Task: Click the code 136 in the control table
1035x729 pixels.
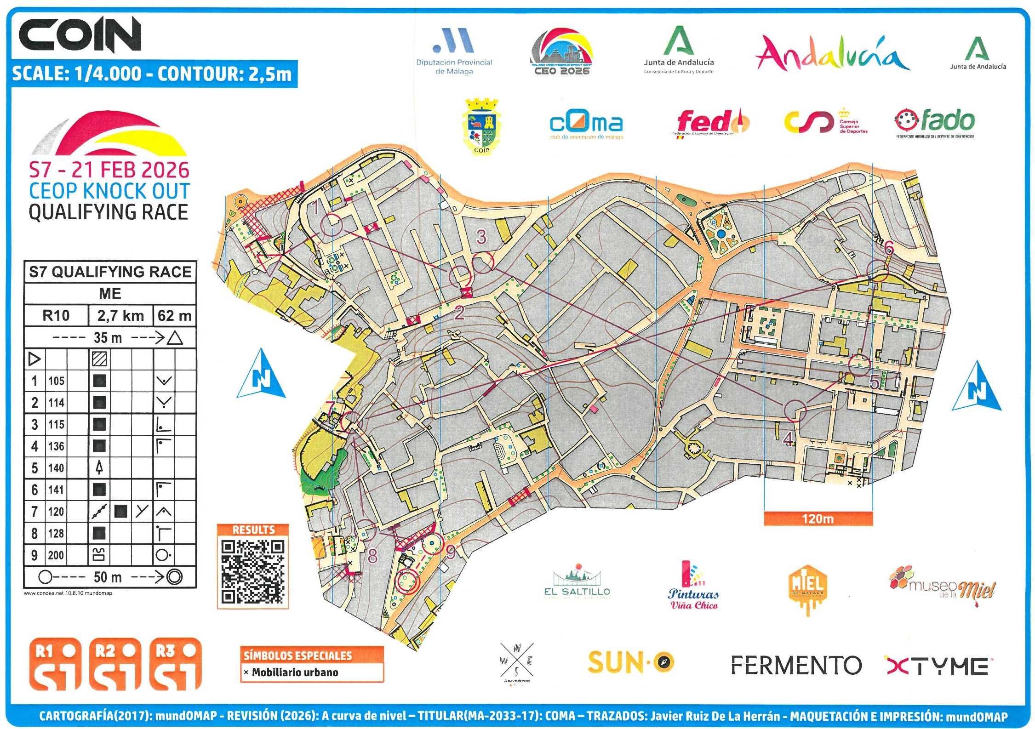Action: (x=56, y=446)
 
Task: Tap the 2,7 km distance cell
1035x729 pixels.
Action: (x=120, y=316)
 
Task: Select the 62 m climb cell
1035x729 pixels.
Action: (x=174, y=316)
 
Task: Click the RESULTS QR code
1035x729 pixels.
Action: (x=252, y=572)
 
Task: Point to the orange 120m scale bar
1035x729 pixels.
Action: (x=818, y=518)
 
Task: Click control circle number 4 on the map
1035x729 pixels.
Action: (x=795, y=410)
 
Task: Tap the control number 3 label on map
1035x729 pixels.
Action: (x=481, y=237)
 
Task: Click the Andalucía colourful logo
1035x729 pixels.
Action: (x=832, y=54)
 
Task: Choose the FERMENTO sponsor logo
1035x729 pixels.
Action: (x=796, y=665)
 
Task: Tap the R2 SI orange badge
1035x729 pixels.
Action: (x=115, y=664)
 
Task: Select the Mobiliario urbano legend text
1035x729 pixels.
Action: (x=295, y=672)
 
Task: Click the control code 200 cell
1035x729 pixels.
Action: (x=56, y=555)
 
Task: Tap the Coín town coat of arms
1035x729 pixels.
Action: (x=481, y=126)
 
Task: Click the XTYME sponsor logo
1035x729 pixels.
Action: (x=938, y=666)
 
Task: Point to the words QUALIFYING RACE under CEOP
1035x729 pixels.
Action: (x=109, y=212)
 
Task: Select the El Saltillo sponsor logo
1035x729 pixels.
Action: (x=577, y=582)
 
